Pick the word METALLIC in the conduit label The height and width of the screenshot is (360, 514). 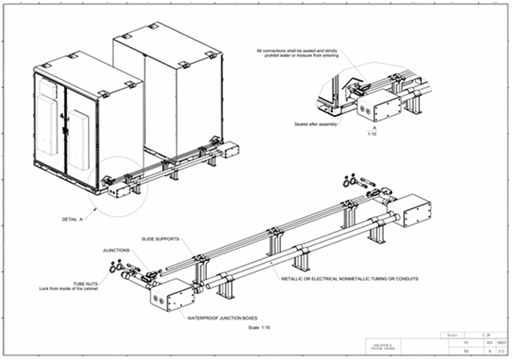[x=294, y=278]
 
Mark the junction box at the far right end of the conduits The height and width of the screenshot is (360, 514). [x=415, y=211]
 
